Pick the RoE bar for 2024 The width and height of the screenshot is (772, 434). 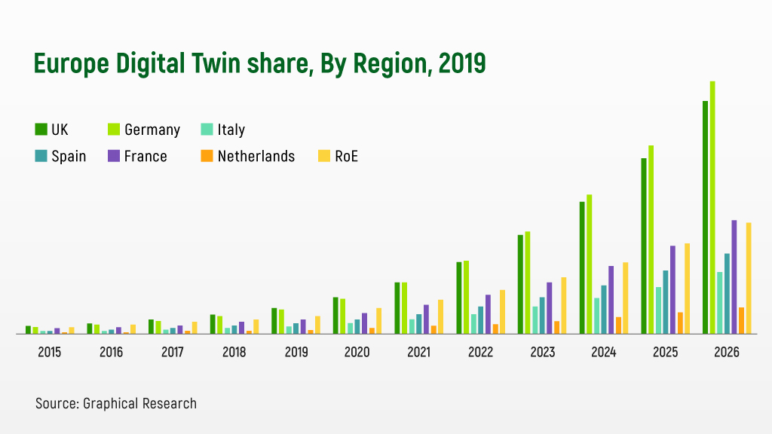[x=626, y=298]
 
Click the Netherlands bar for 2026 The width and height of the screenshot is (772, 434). [x=742, y=320]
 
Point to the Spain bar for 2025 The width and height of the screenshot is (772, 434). [x=666, y=301]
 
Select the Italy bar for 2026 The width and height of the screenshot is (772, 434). [x=720, y=302]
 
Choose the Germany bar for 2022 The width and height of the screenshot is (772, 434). [x=467, y=297]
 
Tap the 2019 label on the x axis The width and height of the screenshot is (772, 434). [x=295, y=352]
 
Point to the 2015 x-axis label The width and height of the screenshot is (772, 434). [x=49, y=352]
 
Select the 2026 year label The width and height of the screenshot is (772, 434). [x=727, y=352]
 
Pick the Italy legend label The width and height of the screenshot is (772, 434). [x=231, y=130]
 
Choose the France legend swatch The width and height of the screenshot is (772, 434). [x=114, y=156]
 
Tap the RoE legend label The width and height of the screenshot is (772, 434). [x=347, y=156]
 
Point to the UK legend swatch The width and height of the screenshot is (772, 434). [x=41, y=130]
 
